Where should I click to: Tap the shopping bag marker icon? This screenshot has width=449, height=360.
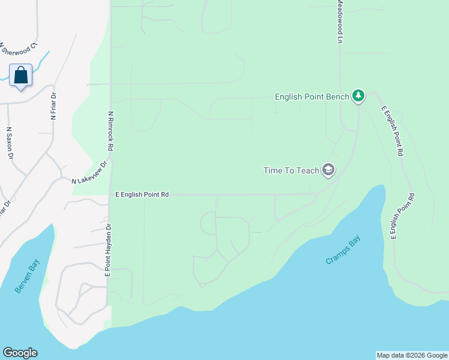point(21,76)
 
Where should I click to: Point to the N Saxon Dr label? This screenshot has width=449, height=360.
point(10,142)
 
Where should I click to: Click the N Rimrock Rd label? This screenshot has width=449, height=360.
point(111,130)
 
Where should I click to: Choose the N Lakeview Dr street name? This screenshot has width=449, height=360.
point(89,173)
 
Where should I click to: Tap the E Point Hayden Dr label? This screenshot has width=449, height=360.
point(109,250)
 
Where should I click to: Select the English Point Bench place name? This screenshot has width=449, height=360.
point(312,96)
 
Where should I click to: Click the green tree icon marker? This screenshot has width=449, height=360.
point(358,95)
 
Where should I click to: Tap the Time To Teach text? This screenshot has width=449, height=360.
point(291,170)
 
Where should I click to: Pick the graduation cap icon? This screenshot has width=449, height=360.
point(328,170)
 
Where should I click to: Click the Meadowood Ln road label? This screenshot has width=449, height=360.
point(339,22)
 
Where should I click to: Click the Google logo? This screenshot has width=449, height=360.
point(20,353)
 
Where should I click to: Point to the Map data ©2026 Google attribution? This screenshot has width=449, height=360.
point(412,355)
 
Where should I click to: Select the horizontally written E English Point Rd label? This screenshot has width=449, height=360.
point(142,194)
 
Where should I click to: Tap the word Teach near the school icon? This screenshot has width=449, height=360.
point(308,170)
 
